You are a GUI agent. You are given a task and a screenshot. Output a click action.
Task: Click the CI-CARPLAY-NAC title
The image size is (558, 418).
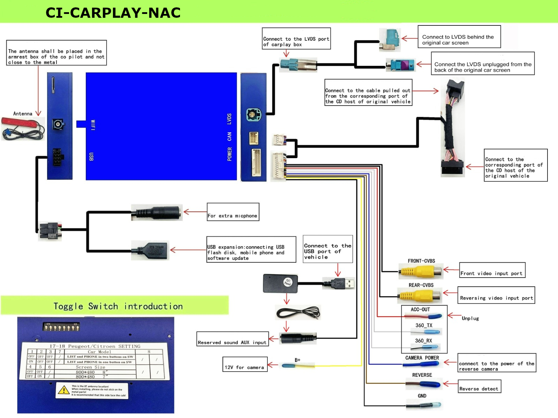coord(113,13)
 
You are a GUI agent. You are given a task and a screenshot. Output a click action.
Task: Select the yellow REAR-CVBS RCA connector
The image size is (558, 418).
coord(420,296)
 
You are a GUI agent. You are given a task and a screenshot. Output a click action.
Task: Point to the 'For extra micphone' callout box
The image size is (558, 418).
coord(233,212)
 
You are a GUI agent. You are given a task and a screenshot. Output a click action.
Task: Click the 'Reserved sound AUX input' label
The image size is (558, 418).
coord(232,339)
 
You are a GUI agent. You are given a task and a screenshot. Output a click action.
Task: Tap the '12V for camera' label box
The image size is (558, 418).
coord(245,364)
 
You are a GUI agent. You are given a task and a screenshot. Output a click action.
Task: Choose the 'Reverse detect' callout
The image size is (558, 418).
coord(479,386)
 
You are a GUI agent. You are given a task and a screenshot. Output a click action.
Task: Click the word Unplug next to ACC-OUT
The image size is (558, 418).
coord(470,318)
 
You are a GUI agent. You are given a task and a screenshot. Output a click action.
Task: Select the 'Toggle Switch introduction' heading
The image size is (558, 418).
coord(118,306)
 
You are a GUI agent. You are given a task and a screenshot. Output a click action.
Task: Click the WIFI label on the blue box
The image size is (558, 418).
coord(93,125)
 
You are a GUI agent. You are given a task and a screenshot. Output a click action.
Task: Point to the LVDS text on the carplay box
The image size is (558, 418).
coord(229,119)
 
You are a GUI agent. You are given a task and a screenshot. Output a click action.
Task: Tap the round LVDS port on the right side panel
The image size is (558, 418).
coord(254,115)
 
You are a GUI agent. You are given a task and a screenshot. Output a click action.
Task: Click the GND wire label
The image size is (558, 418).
coord(422,396)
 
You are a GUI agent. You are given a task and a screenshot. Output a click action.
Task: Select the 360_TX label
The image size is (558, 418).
coord(424,325)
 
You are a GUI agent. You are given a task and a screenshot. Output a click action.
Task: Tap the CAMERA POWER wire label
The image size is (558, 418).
coord(422,358)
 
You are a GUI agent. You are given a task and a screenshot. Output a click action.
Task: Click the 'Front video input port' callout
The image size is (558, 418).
coord(492,270)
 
